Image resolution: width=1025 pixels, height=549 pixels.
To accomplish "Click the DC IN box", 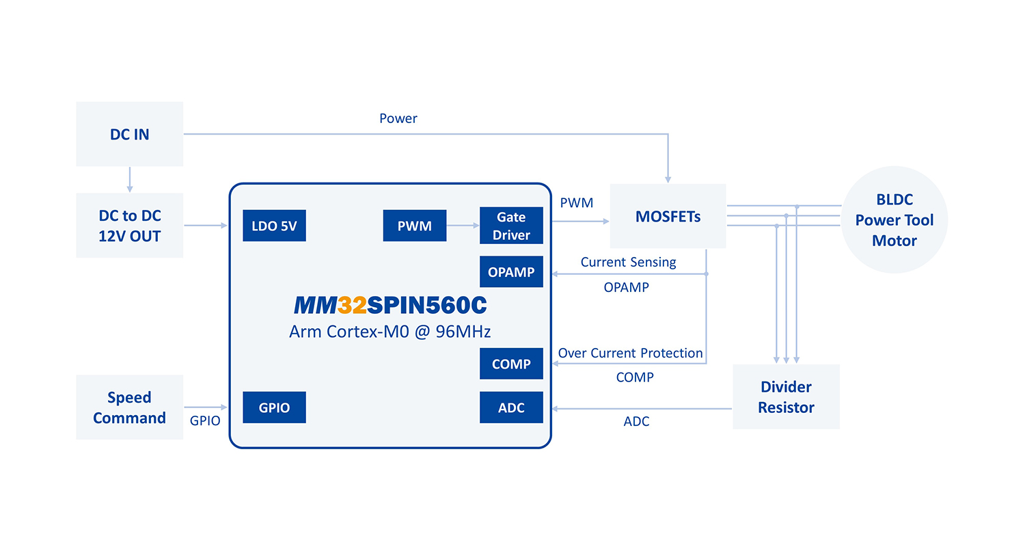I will pyautogui.click(x=129, y=134).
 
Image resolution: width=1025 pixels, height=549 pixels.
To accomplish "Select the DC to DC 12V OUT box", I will pyautogui.click(x=129, y=225).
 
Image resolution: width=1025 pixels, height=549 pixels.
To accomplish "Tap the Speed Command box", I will pyautogui.click(x=129, y=407).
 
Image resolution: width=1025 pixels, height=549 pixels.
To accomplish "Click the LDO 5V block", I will pyautogui.click(x=274, y=226).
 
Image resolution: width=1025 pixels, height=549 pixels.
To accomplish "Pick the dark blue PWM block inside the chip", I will pyautogui.click(x=415, y=226).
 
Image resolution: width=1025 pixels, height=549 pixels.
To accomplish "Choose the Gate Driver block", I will pyautogui.click(x=511, y=226).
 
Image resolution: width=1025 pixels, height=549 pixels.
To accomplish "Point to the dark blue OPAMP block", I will pyautogui.click(x=511, y=271).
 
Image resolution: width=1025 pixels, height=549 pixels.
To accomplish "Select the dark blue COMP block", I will pyautogui.click(x=511, y=364).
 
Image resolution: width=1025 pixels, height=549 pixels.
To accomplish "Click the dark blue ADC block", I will pyautogui.click(x=511, y=407).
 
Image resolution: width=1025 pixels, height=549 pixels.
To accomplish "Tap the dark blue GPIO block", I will pyautogui.click(x=274, y=407).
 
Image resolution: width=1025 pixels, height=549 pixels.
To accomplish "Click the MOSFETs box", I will pyautogui.click(x=668, y=216).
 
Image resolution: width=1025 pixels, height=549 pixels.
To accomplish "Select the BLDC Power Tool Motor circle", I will pyautogui.click(x=894, y=220).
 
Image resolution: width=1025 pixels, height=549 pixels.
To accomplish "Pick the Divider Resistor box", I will pyautogui.click(x=786, y=397).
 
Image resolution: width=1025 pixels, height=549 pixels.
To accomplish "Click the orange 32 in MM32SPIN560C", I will pyautogui.click(x=352, y=306).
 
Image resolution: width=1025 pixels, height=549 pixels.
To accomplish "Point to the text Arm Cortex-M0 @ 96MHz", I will pyautogui.click(x=390, y=332).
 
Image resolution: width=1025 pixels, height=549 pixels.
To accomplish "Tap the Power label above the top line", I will pyautogui.click(x=398, y=118).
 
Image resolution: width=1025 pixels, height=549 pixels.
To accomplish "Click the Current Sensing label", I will pyautogui.click(x=628, y=262).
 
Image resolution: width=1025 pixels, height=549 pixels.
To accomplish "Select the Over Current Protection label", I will pyautogui.click(x=630, y=353).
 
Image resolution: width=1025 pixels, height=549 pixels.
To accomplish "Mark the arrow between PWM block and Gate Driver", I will pyautogui.click(x=463, y=225).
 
